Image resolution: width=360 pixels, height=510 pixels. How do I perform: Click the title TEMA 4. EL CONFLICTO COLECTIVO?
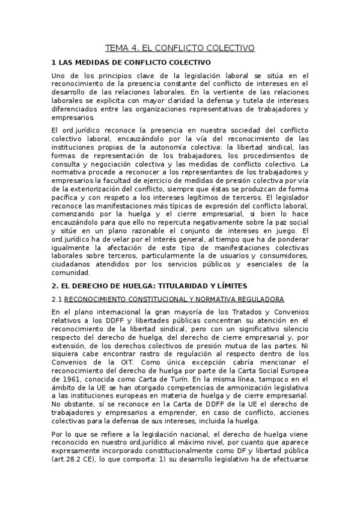(x=180, y=48)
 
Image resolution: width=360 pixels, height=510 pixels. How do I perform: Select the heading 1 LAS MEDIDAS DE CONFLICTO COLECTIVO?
(x=131, y=62)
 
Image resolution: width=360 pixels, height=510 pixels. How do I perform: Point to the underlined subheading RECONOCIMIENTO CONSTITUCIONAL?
(x=174, y=299)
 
